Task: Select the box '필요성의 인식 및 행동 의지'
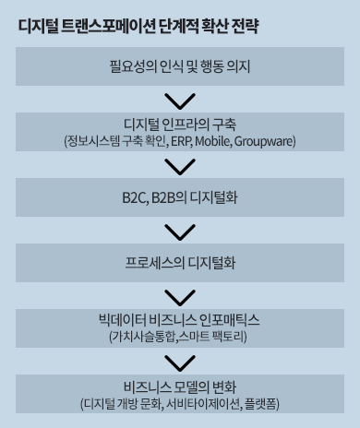coord(180,66)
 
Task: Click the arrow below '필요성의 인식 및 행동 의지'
coord(180,100)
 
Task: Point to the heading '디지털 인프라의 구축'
coord(180,125)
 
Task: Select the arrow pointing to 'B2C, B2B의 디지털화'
coord(180,167)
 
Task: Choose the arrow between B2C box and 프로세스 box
coord(180,231)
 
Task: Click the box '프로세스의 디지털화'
coord(180,262)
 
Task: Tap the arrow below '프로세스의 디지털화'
coord(180,296)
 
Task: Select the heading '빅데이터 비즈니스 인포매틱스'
coord(180,320)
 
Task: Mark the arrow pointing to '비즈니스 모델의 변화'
coord(180,362)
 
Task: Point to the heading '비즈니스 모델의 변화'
coord(180,386)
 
